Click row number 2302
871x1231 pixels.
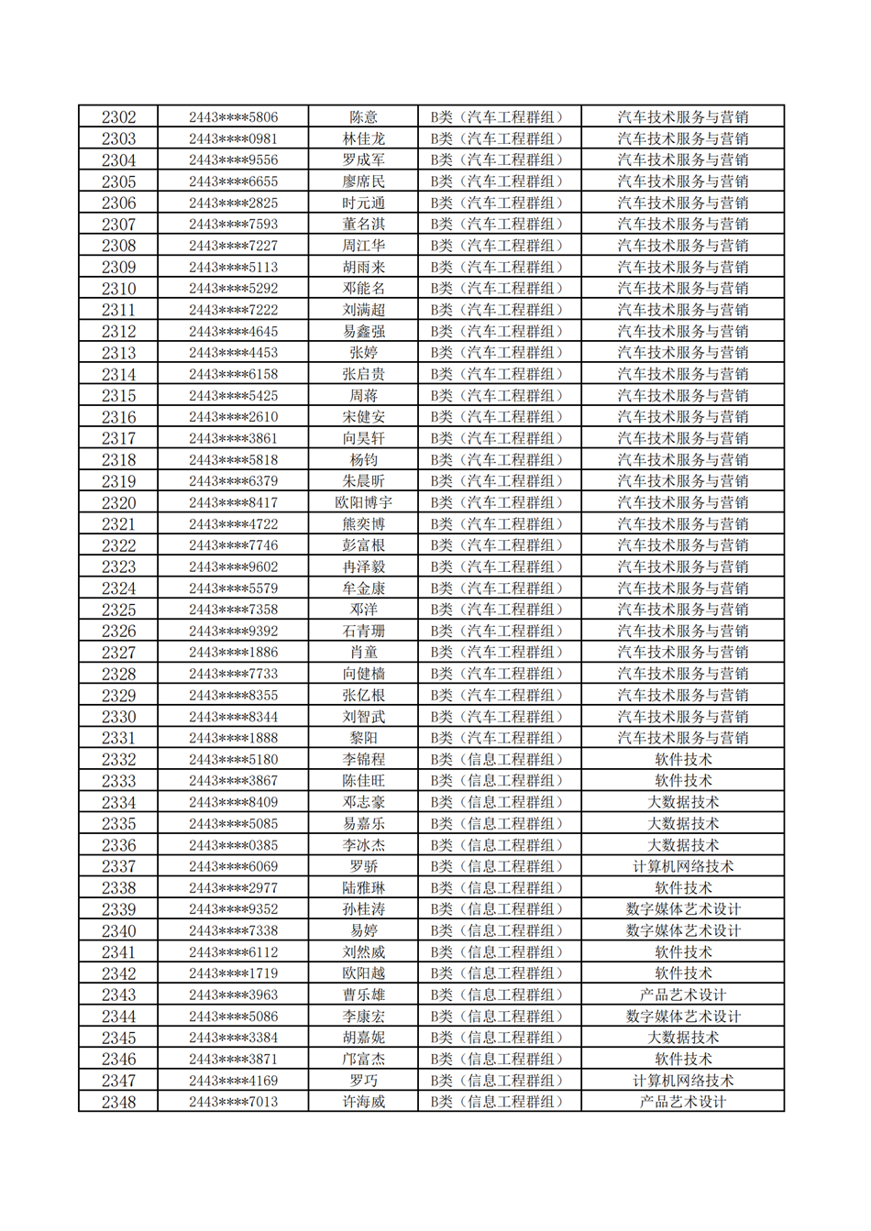point(118,117)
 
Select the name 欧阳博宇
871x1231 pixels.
point(363,502)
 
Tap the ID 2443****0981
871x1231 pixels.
point(233,139)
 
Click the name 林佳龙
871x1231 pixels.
point(363,139)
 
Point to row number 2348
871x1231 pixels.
point(118,1102)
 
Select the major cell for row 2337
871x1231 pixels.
point(683,866)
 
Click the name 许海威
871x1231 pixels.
point(363,1102)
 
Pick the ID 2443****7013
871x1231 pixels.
point(233,1102)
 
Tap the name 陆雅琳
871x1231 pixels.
point(363,887)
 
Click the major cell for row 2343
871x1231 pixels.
point(683,995)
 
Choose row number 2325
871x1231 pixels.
point(118,610)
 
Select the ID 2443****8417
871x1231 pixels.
point(233,502)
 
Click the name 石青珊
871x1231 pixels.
point(363,631)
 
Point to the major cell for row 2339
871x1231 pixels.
point(683,909)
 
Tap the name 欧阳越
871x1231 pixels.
point(363,973)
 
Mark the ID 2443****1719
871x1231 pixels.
point(233,973)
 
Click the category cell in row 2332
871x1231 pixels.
point(500,759)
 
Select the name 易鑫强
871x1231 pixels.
point(363,332)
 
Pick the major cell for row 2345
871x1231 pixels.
point(683,1038)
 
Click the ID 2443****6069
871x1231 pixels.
point(233,866)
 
